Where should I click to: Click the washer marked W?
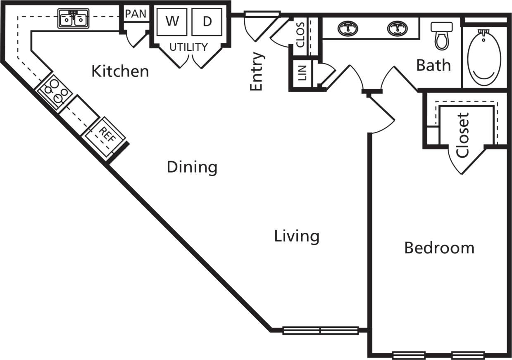(x=172, y=21)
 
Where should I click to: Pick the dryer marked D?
(x=207, y=21)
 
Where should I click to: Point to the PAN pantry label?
(x=136, y=14)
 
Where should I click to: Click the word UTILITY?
(x=188, y=47)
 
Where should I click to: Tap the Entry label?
(x=257, y=71)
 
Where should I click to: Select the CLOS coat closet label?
(x=300, y=35)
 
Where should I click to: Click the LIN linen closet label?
(x=302, y=75)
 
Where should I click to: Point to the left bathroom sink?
(x=348, y=28)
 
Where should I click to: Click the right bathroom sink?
(x=397, y=28)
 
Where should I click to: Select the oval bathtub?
(x=484, y=57)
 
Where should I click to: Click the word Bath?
(x=433, y=65)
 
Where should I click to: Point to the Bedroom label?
(x=439, y=248)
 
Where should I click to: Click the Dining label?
(x=192, y=167)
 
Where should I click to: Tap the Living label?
(x=297, y=236)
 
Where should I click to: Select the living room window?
(x=320, y=330)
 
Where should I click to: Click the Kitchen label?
(x=120, y=71)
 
